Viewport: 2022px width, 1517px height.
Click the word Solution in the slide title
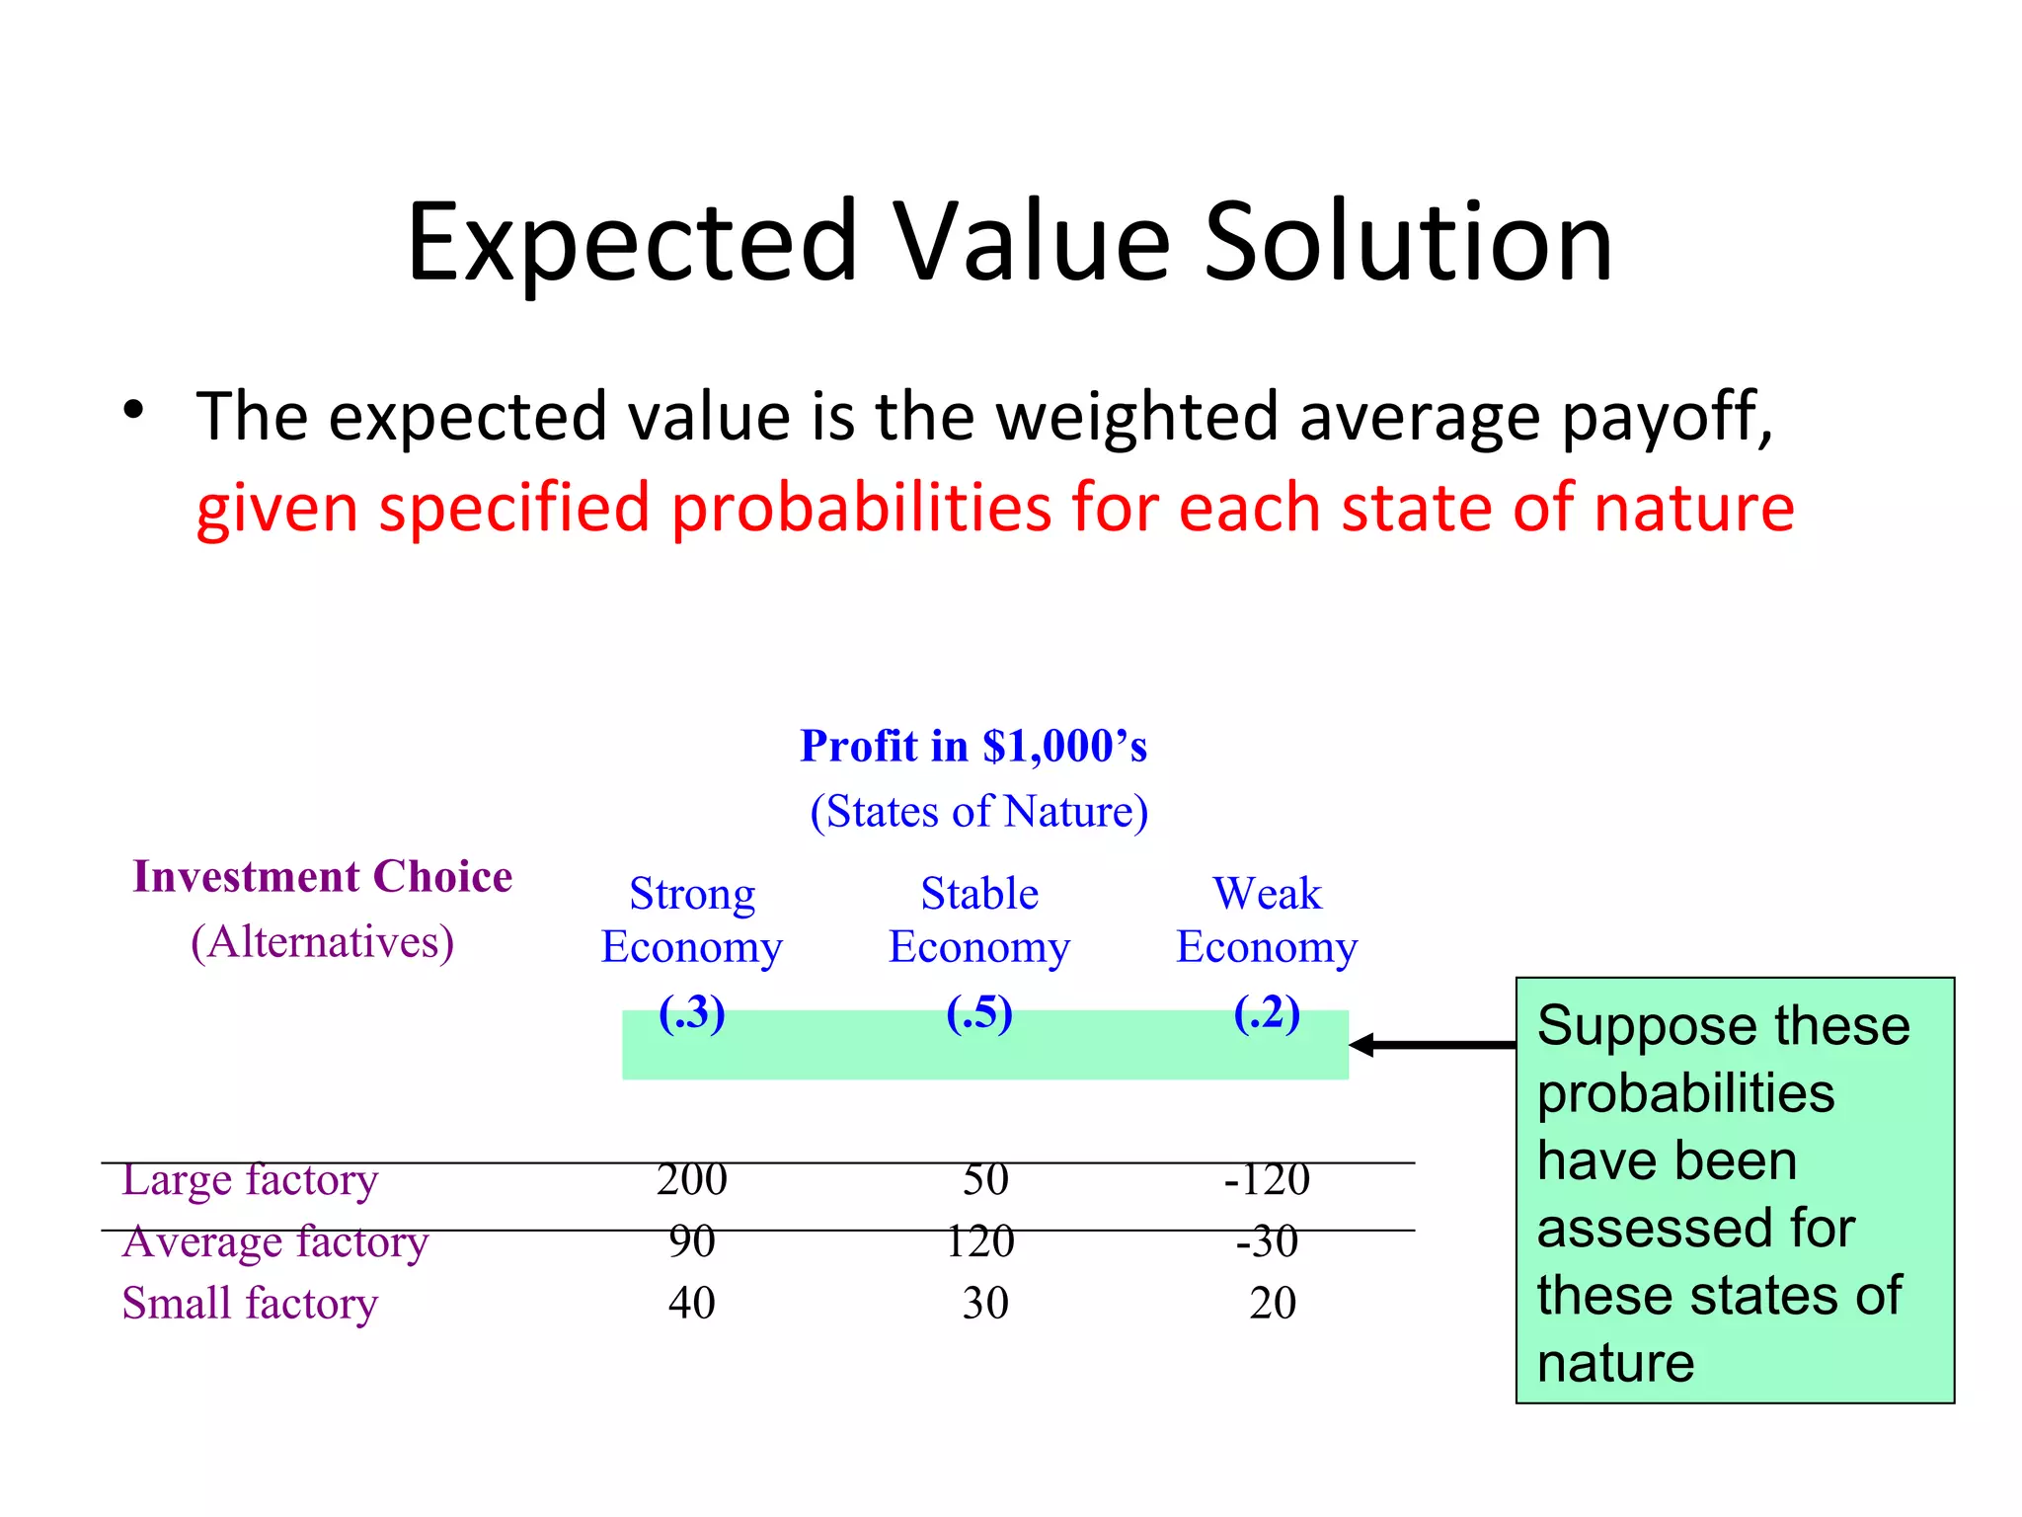coord(1408,243)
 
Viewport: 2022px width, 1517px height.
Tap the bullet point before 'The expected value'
coord(133,410)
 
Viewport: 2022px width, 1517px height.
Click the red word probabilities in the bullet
coord(860,508)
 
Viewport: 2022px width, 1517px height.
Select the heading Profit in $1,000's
coord(972,746)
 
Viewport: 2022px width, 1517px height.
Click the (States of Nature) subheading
coord(978,812)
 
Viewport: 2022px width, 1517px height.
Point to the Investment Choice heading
coord(323,877)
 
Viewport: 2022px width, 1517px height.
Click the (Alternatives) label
coord(323,942)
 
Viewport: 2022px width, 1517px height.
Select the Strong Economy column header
coord(692,920)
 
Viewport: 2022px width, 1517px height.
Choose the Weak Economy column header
coord(1267,920)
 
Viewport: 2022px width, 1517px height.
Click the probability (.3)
coord(692,1013)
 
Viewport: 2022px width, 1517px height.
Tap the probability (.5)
coord(979,1013)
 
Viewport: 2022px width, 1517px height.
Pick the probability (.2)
coord(1267,1013)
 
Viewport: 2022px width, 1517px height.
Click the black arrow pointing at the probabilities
coord(1432,1044)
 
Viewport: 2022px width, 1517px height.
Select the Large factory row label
coord(250,1180)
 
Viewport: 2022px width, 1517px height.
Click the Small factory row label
coord(250,1304)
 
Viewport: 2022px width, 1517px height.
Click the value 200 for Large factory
coord(692,1180)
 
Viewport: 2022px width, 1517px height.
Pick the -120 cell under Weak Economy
coord(1267,1180)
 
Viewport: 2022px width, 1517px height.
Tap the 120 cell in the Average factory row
coord(979,1241)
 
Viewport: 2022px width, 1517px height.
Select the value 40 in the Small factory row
coord(692,1304)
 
